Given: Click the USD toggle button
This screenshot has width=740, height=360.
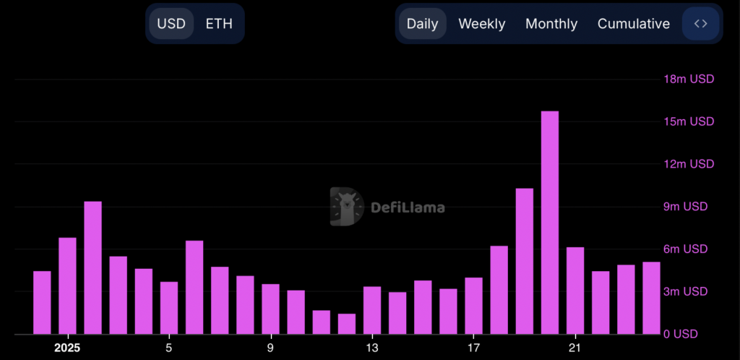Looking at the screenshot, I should tap(171, 24).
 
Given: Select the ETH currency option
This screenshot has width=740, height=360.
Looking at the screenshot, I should tap(219, 24).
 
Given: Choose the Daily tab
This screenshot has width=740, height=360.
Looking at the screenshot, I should tap(422, 24).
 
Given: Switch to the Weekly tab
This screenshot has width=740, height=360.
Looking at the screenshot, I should tap(481, 24).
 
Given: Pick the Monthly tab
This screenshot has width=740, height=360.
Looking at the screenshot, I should tap(551, 24).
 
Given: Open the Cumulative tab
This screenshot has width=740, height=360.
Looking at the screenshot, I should tap(633, 24).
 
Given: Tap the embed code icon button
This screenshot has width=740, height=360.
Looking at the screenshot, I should tap(700, 24).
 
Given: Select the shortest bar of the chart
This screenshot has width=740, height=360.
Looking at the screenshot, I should tap(347, 324).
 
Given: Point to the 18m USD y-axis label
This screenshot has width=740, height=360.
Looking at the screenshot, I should tap(689, 79).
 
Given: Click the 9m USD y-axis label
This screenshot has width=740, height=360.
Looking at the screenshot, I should tap(689, 207).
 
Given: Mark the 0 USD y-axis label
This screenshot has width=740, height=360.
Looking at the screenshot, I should tap(692, 334).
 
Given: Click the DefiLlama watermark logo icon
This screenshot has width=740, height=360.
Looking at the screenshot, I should tap(346, 207).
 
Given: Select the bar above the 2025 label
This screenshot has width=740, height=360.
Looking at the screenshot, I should tap(67, 286).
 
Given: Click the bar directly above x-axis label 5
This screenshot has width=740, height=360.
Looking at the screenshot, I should tap(169, 308).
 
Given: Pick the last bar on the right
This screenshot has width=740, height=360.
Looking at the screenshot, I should tap(651, 298).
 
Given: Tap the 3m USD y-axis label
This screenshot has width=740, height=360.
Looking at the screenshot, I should tap(689, 291).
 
